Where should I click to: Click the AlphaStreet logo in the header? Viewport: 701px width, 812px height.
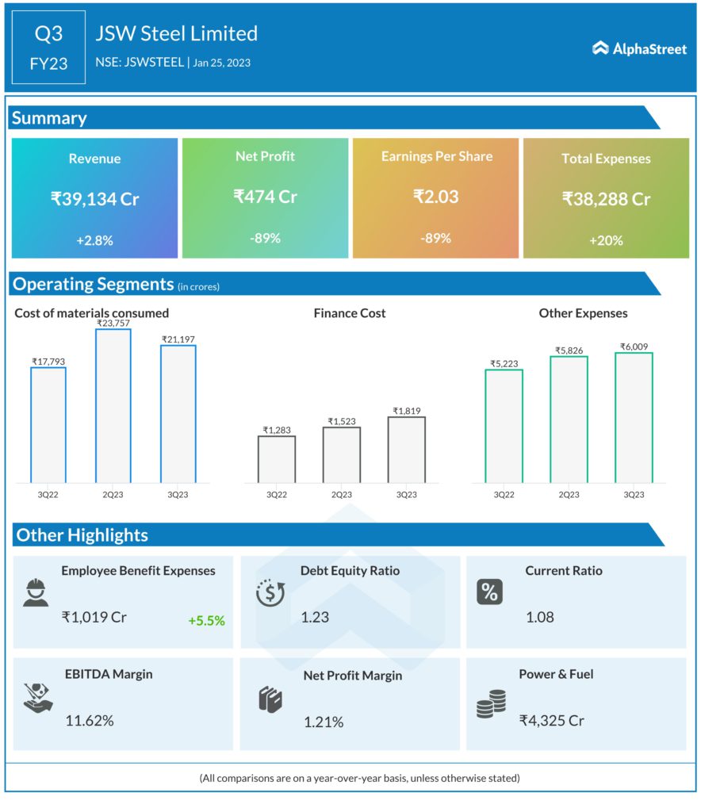[639, 48]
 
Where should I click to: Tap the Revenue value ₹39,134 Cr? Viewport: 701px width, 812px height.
[94, 199]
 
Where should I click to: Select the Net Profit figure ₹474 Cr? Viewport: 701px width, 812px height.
[265, 197]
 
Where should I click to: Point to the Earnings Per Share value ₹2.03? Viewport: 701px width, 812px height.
[435, 197]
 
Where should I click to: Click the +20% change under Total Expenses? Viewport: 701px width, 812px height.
[606, 240]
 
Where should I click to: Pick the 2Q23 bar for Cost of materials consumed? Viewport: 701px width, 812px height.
[113, 405]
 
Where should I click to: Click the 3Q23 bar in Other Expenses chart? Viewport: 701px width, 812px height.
[634, 417]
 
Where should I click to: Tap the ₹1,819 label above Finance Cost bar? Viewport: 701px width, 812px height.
[407, 411]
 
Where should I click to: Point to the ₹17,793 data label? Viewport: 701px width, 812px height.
[48, 362]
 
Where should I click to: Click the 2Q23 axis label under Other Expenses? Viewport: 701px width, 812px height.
[569, 495]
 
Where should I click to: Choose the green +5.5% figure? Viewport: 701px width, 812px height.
[206, 621]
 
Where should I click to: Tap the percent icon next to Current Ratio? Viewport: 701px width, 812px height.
[489, 592]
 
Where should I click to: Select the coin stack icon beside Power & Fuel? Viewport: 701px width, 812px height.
[491, 704]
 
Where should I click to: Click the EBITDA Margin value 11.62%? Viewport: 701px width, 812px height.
[89, 721]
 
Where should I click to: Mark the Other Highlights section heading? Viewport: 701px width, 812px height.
[82, 535]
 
